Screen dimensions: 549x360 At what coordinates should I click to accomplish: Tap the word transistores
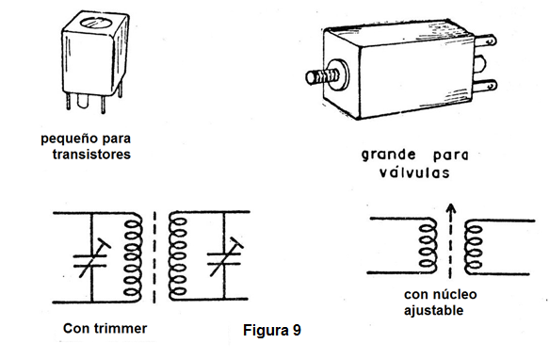click(x=91, y=155)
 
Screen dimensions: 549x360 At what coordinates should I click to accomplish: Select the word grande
click(x=389, y=155)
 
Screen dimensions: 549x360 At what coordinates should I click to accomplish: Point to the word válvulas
click(x=414, y=172)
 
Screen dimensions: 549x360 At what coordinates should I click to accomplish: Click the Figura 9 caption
click(x=272, y=330)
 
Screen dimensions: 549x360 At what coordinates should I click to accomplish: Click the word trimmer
click(x=121, y=329)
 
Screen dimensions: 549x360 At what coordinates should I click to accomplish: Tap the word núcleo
click(x=455, y=294)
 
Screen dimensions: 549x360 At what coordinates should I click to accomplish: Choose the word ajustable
click(x=433, y=311)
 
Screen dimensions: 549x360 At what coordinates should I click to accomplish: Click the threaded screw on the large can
click(x=322, y=76)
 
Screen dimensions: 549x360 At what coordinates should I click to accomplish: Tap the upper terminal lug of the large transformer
click(x=485, y=41)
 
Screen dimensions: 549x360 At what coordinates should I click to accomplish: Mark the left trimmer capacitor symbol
click(x=90, y=259)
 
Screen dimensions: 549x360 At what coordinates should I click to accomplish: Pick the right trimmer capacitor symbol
click(x=224, y=258)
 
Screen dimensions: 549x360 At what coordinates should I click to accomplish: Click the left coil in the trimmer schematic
click(x=133, y=257)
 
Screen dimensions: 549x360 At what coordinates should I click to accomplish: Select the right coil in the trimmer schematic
click(x=177, y=257)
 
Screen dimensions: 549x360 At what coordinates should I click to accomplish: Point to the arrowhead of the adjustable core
click(x=451, y=208)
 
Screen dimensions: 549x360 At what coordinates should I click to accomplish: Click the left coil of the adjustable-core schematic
click(x=428, y=246)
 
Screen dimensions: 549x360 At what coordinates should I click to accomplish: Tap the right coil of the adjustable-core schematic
click(x=474, y=248)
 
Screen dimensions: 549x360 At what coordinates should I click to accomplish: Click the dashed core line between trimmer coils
click(x=154, y=257)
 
